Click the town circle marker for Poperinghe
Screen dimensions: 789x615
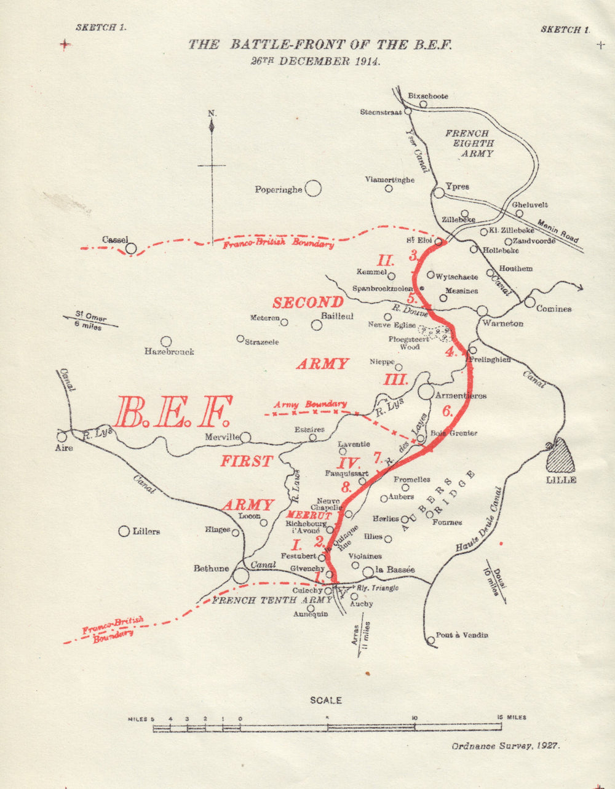point(313,188)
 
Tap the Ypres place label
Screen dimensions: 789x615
point(458,186)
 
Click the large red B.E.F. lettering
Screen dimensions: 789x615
point(173,412)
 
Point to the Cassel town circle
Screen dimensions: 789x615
point(131,248)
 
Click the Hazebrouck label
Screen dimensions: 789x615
point(169,352)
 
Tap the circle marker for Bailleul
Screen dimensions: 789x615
point(316,325)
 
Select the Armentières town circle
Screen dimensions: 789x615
point(426,391)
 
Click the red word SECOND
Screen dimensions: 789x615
point(308,303)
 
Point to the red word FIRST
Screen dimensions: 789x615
point(247,461)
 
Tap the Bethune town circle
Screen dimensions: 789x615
point(240,576)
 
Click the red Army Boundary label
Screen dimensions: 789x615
point(310,404)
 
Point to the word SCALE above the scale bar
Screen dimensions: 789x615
point(325,700)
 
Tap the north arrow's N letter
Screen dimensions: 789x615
point(212,113)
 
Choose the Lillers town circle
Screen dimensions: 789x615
point(124,531)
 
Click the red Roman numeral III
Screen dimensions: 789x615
point(396,379)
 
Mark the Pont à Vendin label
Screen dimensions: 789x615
point(461,635)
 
